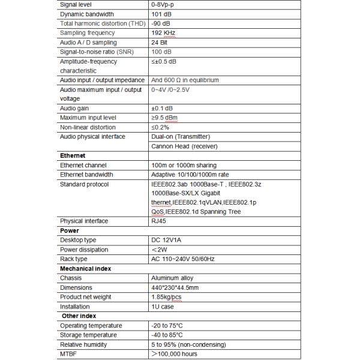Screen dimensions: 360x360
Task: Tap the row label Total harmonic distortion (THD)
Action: [x=101, y=23]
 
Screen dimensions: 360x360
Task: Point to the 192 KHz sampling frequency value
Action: [x=164, y=33]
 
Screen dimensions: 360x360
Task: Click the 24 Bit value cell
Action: [x=160, y=43]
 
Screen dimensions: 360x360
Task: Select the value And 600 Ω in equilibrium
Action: [x=185, y=80]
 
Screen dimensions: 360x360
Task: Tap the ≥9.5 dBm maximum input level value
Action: [x=167, y=118]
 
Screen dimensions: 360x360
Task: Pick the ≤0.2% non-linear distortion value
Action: [x=161, y=127]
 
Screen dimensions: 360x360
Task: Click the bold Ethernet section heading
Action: [x=73, y=155]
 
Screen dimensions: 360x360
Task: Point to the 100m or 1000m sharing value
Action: [x=184, y=165]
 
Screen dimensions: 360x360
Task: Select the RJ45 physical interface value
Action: [x=159, y=221]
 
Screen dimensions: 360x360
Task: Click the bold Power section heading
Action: [x=70, y=230]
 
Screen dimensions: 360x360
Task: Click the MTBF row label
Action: [x=69, y=354]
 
